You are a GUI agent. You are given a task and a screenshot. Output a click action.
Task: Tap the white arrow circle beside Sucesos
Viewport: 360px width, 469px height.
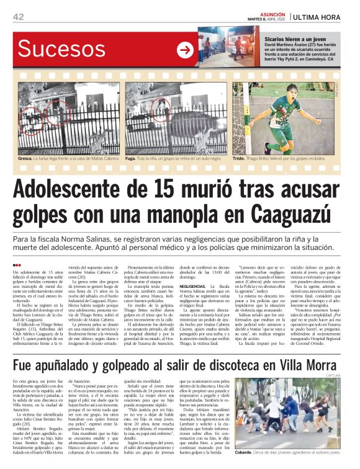[x=185, y=50]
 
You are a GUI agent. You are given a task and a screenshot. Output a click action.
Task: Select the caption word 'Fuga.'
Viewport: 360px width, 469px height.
[x=132, y=158]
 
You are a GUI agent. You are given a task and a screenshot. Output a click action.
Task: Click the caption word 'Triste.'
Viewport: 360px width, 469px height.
[x=241, y=158]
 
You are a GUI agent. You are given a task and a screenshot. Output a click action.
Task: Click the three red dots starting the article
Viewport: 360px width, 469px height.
[x=17, y=265]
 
